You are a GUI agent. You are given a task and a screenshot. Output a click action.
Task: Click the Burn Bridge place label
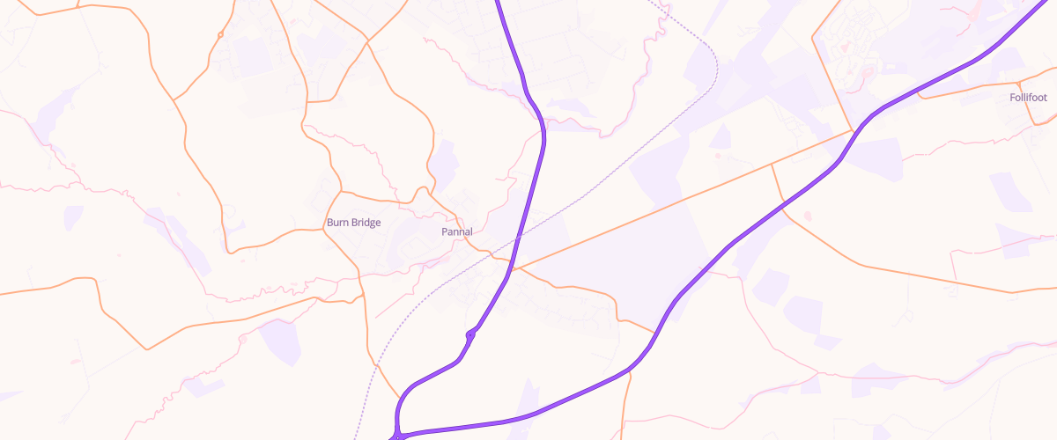coord(353,223)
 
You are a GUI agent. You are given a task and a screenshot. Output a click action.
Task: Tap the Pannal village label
coord(456,231)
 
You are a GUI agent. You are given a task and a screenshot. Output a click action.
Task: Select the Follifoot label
coord(1028,98)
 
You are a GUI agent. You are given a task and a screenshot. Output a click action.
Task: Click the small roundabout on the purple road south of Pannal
coord(471,334)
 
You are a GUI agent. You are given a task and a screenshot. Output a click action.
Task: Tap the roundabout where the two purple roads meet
coord(399,434)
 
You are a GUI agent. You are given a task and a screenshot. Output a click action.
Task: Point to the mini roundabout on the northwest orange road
coord(219,34)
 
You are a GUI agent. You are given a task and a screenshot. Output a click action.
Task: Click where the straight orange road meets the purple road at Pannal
coord(513,268)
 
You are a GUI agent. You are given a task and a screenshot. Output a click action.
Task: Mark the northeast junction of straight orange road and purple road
coord(853,131)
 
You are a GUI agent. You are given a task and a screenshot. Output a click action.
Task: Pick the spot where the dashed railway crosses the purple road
coord(519,236)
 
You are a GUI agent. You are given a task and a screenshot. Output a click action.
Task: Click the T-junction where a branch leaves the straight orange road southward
coord(772,164)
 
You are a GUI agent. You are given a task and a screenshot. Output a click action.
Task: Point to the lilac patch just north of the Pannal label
coord(444,163)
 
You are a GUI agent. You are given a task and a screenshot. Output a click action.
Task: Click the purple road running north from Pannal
coord(539,167)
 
